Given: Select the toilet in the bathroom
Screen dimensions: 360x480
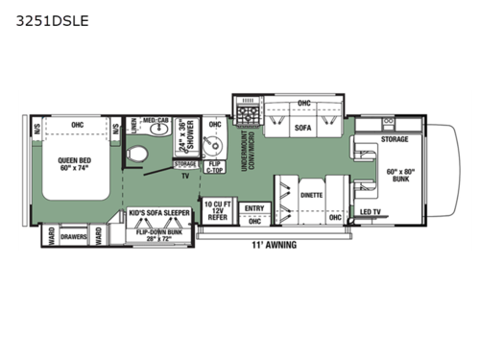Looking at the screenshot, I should pos(140,153).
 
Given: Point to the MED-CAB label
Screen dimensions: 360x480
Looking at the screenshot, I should pos(156,121).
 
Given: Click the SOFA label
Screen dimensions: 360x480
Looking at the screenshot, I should pos(303,125).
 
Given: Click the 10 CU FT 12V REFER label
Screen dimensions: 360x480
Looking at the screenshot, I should pos(217,210).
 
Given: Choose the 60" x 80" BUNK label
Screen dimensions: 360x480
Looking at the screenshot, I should pos(403,177).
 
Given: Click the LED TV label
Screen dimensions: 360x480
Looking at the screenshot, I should pos(372,211).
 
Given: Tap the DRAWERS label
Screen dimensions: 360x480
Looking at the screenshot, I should pos(74,235).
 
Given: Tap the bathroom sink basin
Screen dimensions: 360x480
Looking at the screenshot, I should pos(163,130).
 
